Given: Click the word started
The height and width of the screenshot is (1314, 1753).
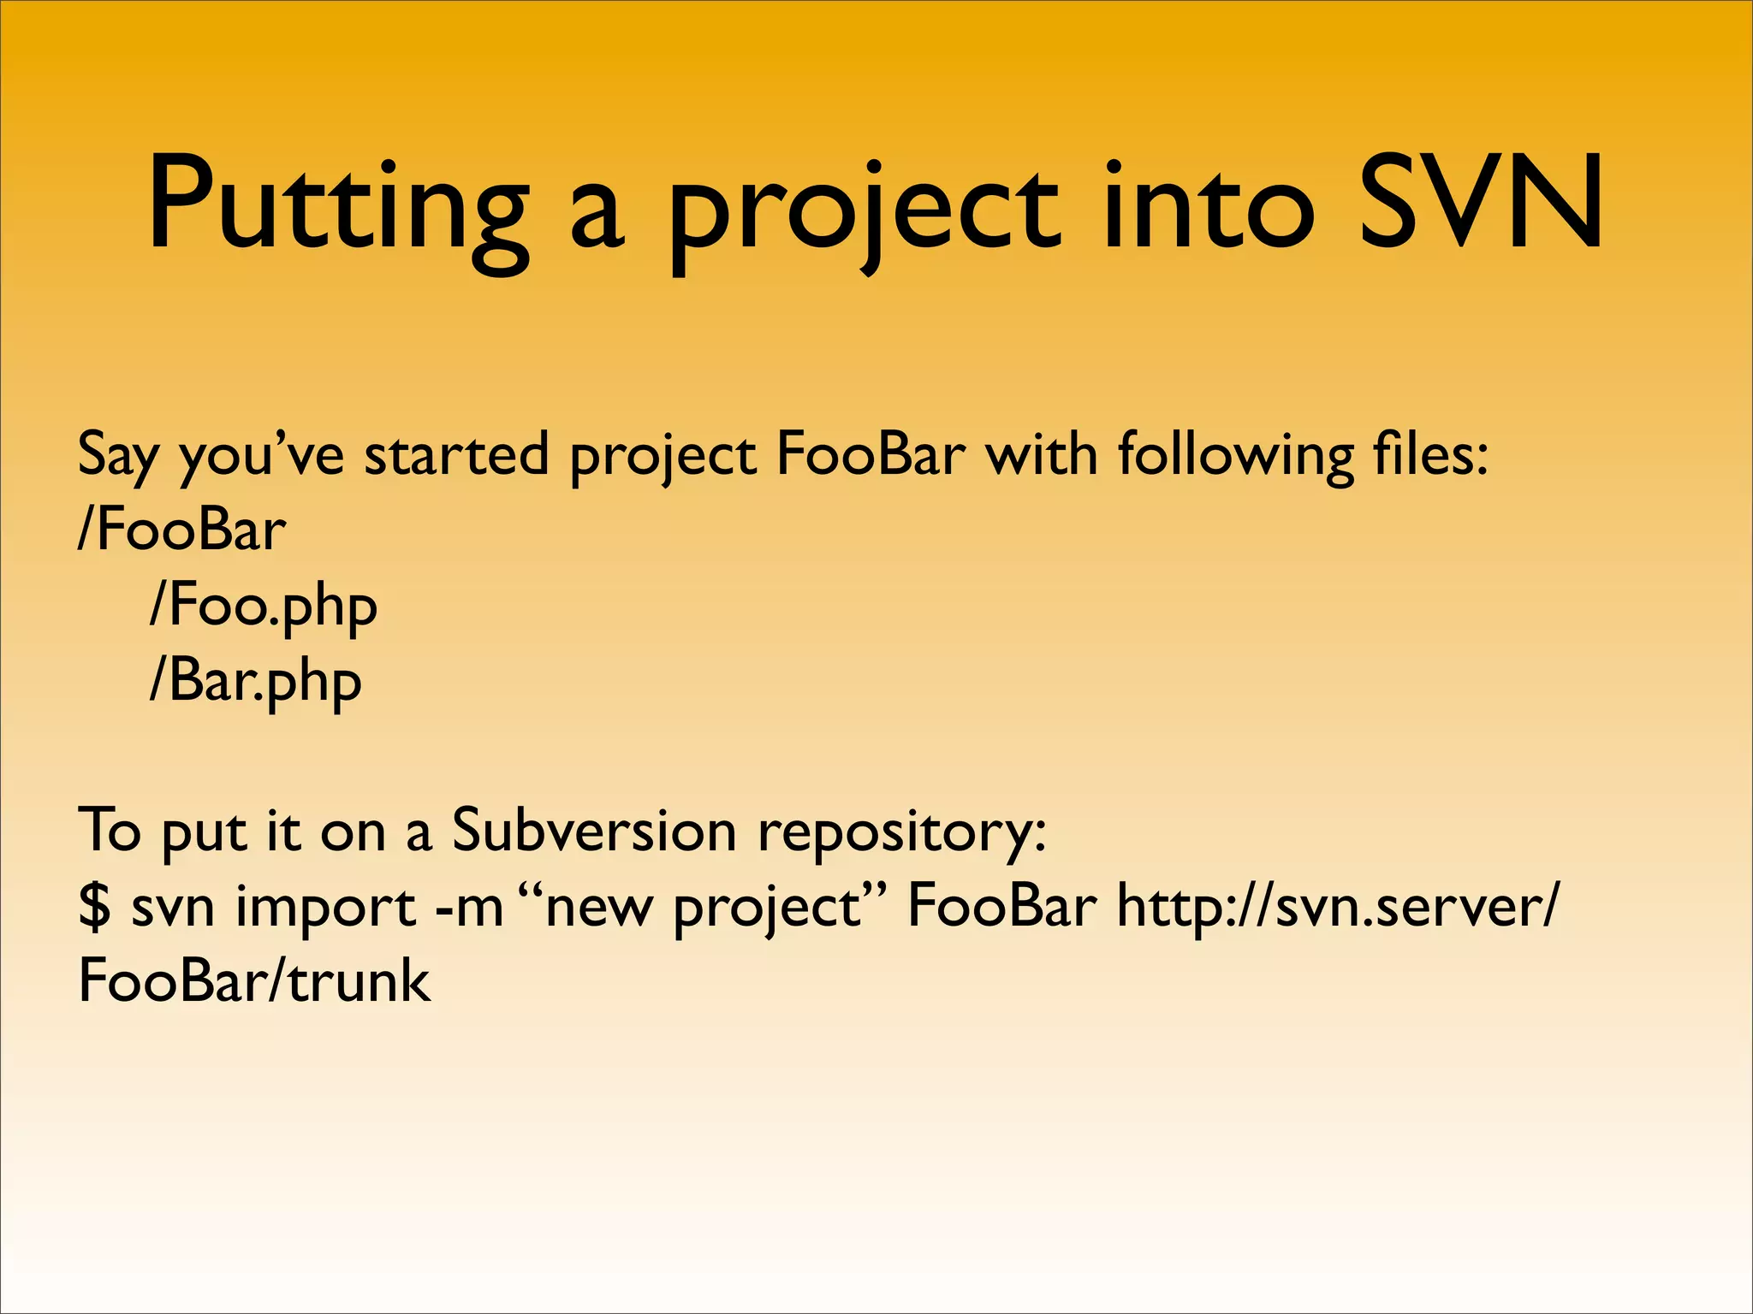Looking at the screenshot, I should click(456, 453).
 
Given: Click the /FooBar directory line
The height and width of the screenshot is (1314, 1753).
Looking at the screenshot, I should click(181, 530).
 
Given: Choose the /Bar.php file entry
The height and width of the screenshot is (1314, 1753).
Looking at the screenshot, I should click(256, 683).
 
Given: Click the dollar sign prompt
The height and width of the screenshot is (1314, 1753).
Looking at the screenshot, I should click(94, 906).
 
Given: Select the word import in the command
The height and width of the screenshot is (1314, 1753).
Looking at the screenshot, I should click(325, 907).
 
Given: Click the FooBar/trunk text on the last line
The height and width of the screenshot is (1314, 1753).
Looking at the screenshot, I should click(254, 980).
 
